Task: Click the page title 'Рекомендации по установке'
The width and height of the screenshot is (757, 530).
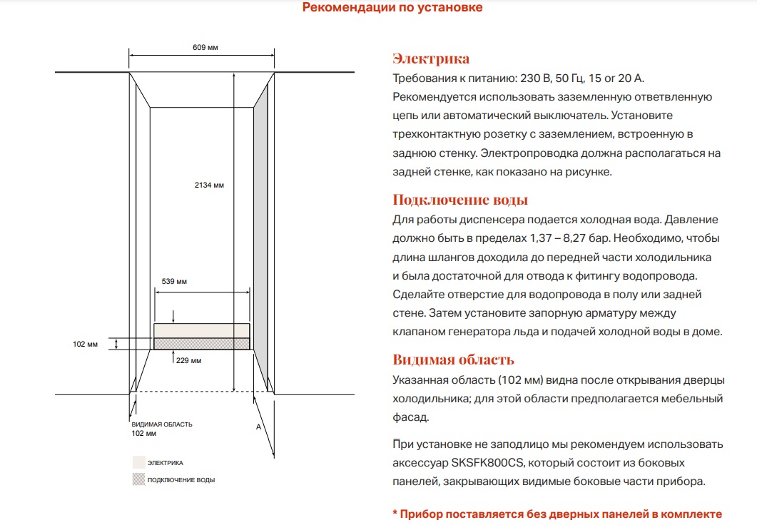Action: [x=392, y=8]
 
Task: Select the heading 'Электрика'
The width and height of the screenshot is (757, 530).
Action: [x=431, y=58]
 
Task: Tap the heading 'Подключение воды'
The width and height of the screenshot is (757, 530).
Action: [x=460, y=200]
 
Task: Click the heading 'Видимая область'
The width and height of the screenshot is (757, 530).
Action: [x=453, y=360]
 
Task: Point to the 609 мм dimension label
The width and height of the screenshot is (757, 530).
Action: [x=205, y=47]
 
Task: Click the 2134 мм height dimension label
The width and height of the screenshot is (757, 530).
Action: [x=209, y=185]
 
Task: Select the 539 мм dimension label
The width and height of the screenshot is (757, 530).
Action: [x=174, y=282]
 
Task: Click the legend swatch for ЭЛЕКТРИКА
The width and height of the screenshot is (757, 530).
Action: [x=138, y=462]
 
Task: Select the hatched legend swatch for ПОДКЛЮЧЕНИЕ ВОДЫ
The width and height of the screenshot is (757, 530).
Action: [x=138, y=479]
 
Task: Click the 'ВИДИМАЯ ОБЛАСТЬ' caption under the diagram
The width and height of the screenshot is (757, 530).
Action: [x=161, y=424]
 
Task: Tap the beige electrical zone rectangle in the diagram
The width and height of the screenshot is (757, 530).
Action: [x=202, y=330]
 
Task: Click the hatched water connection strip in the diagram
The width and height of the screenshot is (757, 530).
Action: [x=202, y=343]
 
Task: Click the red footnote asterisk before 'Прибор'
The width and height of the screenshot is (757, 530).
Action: [x=395, y=514]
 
